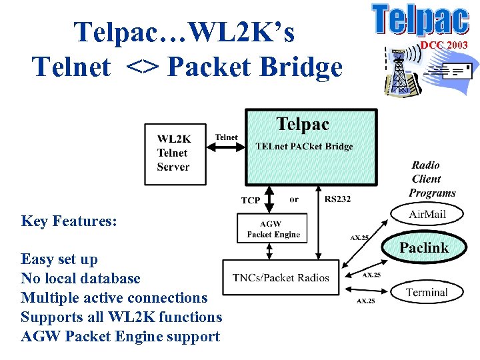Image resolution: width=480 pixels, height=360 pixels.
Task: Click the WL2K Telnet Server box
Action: click(173, 153)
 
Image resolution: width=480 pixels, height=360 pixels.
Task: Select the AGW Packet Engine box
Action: click(273, 229)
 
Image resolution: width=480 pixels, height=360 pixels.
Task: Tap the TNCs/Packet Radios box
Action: click(281, 277)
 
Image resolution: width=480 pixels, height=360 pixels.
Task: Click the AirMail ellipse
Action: click(427, 214)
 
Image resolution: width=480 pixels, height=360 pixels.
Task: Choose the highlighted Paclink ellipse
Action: click(423, 247)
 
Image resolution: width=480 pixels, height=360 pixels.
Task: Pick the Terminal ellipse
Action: click(427, 292)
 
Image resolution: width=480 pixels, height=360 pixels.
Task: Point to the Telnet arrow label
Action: click(226, 137)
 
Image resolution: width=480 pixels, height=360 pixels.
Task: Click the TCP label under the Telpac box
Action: click(251, 200)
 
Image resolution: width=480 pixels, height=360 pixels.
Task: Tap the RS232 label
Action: click(338, 199)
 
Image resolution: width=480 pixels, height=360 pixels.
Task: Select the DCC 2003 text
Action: click(443, 45)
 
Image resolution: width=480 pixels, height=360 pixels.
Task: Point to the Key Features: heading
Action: click(69, 221)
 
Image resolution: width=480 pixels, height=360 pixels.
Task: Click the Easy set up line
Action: click(59, 259)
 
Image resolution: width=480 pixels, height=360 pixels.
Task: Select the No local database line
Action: click(81, 279)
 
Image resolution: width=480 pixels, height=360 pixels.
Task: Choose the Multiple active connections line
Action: click(114, 298)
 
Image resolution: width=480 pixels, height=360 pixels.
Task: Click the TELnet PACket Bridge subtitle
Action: click(304, 147)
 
